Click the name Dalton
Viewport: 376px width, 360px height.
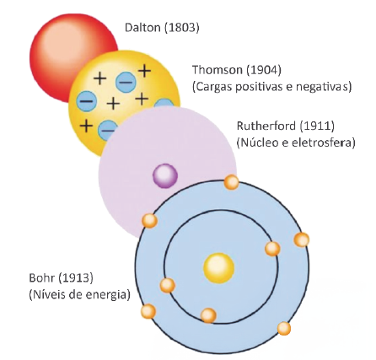[x=142, y=27]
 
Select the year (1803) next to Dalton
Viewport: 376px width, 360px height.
[x=181, y=28]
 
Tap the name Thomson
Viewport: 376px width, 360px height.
[x=217, y=70]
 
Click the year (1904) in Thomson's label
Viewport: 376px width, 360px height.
[x=264, y=70]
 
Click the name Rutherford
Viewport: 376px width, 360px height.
[x=266, y=126]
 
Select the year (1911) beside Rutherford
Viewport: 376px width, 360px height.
[x=317, y=126]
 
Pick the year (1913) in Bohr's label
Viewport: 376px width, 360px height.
[x=75, y=278]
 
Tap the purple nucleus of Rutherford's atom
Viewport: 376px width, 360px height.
[x=165, y=175]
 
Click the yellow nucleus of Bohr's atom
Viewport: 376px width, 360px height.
[x=218, y=268]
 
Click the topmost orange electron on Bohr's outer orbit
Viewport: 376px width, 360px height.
[x=232, y=182]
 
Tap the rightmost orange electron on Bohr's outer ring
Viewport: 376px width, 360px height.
[x=302, y=240]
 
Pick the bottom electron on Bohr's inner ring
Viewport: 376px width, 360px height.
[x=208, y=315]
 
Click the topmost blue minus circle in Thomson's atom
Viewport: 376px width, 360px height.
[x=126, y=82]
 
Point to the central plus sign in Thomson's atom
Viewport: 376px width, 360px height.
[x=113, y=104]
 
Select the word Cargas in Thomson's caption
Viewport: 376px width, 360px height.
[x=213, y=87]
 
